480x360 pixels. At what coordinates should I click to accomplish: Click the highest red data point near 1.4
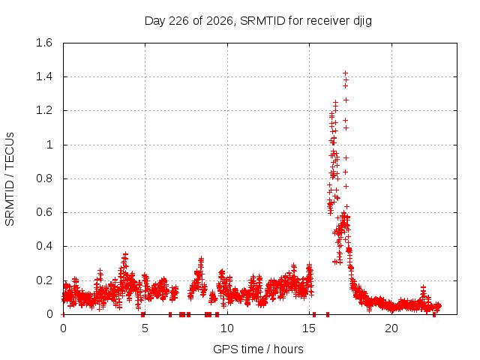click(x=345, y=73)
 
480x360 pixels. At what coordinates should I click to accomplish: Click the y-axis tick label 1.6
click(x=44, y=43)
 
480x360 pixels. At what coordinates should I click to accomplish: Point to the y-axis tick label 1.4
click(x=44, y=76)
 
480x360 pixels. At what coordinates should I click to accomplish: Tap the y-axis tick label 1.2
click(x=44, y=110)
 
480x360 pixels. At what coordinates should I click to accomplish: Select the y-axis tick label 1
click(x=49, y=145)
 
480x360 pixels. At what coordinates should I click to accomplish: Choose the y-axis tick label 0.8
click(x=44, y=178)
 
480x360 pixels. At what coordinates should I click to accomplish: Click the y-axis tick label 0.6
click(x=44, y=212)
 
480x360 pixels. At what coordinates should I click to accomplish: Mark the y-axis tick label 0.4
click(x=44, y=246)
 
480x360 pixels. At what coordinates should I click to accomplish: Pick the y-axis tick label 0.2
click(x=44, y=280)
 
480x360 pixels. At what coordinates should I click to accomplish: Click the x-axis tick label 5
click(x=145, y=328)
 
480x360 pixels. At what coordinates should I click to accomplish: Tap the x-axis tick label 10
click(x=226, y=328)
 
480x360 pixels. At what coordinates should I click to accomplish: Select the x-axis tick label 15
click(x=309, y=328)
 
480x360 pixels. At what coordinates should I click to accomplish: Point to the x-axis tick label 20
click(x=391, y=328)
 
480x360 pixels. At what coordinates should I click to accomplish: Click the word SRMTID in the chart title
click(x=262, y=21)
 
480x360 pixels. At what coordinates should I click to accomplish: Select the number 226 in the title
click(x=178, y=21)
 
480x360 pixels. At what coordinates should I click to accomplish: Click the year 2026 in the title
click(x=220, y=21)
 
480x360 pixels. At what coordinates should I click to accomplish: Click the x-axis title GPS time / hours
click(x=258, y=349)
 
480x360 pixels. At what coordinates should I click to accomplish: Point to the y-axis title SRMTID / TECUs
click(x=10, y=179)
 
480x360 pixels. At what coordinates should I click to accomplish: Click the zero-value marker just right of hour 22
click(x=434, y=314)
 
